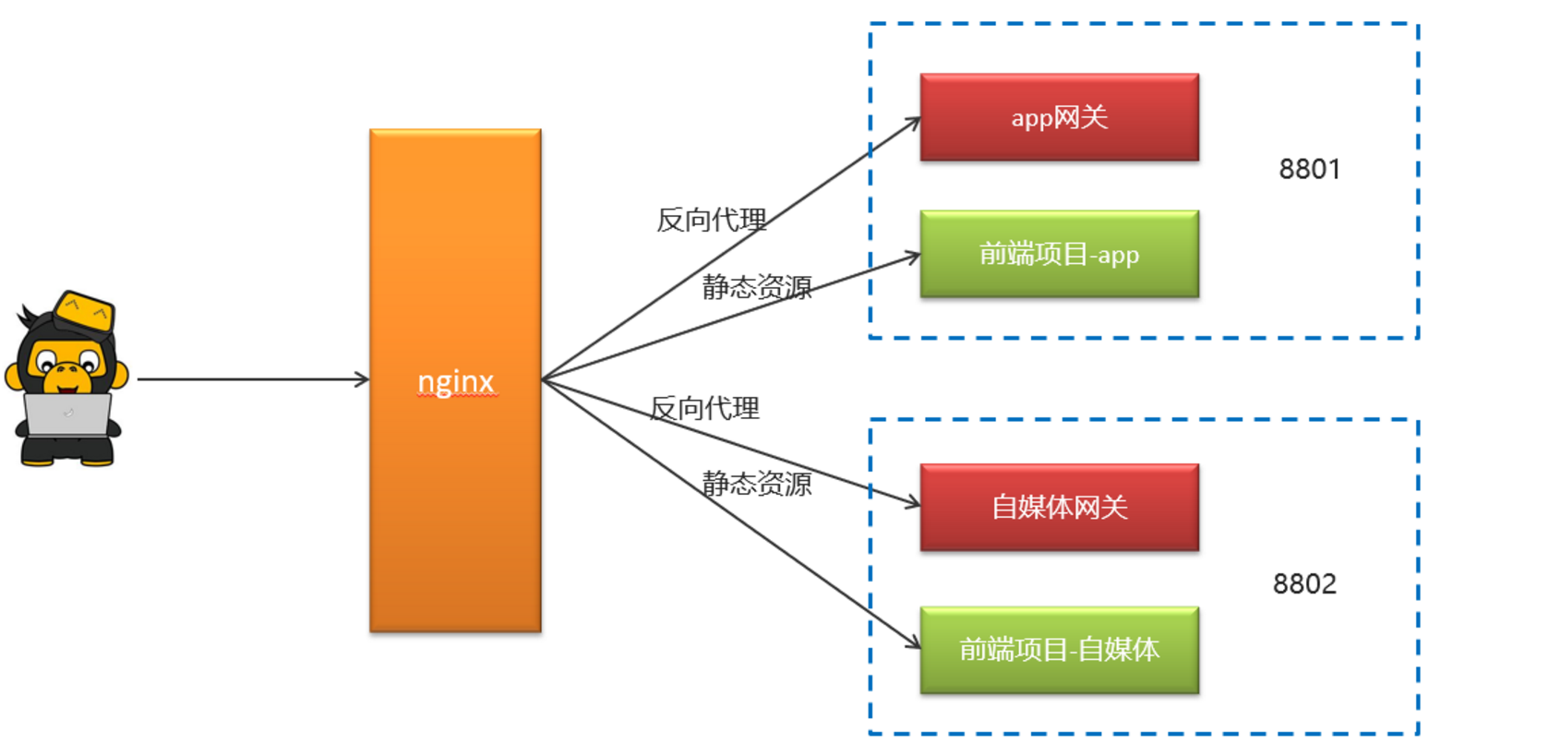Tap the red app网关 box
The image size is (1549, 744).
pyautogui.click(x=1059, y=117)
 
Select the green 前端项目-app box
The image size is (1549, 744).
pyautogui.click(x=1059, y=254)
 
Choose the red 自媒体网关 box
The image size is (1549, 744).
pyautogui.click(x=1059, y=507)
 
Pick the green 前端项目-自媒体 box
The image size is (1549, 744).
pyautogui.click(x=1059, y=650)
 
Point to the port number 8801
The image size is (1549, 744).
pyautogui.click(x=1309, y=169)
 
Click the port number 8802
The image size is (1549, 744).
pyautogui.click(x=1303, y=583)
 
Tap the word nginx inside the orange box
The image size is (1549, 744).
pyautogui.click(x=456, y=381)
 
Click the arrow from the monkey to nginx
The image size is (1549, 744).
pyautogui.click(x=249, y=378)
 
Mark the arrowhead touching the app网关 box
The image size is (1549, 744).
pyautogui.click(x=914, y=122)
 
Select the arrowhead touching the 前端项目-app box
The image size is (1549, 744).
pyautogui.click(x=913, y=256)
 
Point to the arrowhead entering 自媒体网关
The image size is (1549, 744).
pyautogui.click(x=913, y=503)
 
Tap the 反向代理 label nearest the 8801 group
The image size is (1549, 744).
pyautogui.click(x=711, y=220)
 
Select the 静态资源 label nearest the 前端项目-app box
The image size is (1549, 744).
pyautogui.click(x=757, y=287)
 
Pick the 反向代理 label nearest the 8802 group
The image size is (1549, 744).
pyautogui.click(x=704, y=408)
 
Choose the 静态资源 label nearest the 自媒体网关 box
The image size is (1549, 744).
pyautogui.click(x=757, y=484)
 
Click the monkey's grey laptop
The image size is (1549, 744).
pyautogui.click(x=67, y=414)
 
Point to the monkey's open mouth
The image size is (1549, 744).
pyautogui.click(x=66, y=374)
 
